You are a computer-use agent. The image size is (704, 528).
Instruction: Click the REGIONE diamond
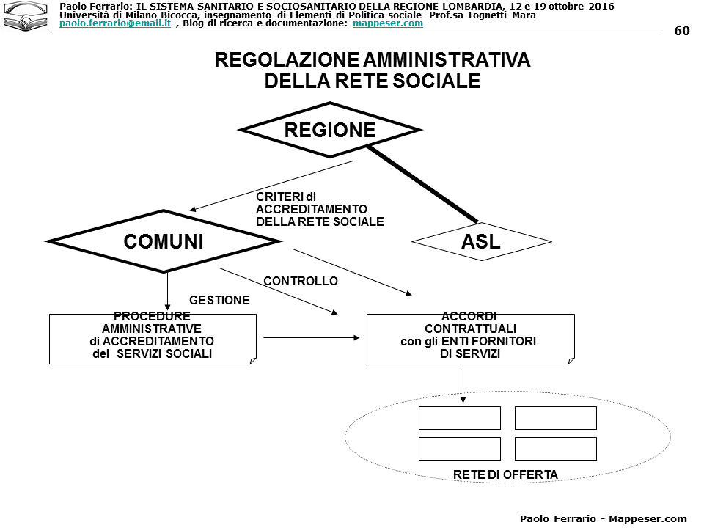click(330, 130)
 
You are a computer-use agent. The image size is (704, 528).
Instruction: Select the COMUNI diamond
click(163, 241)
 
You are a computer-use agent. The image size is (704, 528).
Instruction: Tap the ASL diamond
click(481, 241)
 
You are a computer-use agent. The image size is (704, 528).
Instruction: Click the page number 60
click(681, 31)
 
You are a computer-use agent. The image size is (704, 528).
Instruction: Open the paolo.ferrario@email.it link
click(115, 23)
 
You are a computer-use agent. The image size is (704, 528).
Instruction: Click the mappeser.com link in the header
click(387, 23)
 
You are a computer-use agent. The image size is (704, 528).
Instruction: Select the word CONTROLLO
click(301, 281)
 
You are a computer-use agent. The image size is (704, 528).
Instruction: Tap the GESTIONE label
click(219, 300)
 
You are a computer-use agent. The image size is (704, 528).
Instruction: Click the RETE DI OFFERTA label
click(505, 474)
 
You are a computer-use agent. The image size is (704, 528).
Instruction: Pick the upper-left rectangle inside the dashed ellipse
click(459, 418)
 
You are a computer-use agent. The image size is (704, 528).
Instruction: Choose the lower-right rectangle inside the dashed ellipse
click(555, 448)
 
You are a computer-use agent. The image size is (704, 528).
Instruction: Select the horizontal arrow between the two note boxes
click(312, 338)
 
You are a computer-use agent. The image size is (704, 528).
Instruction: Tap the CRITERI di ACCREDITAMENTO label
click(319, 209)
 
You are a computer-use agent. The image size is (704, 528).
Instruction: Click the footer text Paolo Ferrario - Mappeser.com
click(603, 518)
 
